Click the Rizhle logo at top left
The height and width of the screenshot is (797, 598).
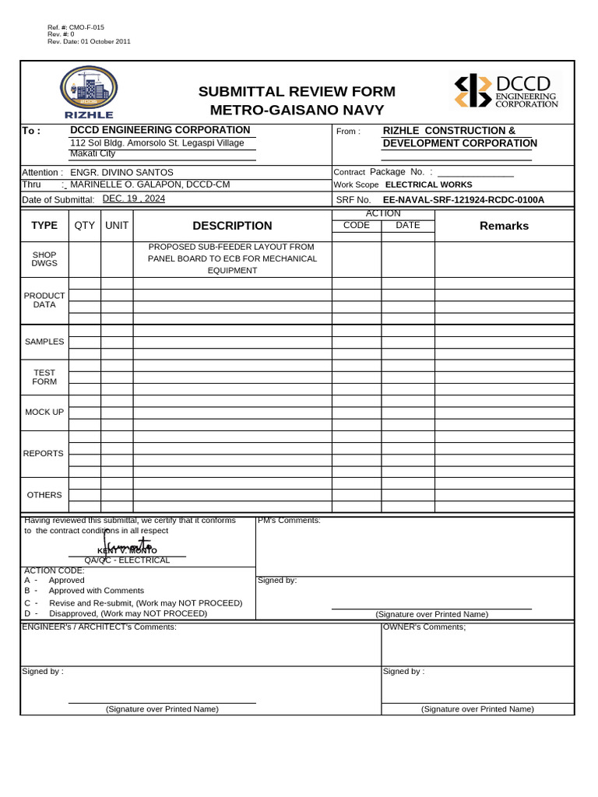pyautogui.click(x=89, y=93)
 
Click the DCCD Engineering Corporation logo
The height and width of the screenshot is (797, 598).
pyautogui.click(x=505, y=91)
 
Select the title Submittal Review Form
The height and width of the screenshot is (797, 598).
pyautogui.click(x=297, y=92)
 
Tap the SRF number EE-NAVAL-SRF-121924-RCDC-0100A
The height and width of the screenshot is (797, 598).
pyautogui.click(x=463, y=200)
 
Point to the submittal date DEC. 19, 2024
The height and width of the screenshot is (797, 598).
pyautogui.click(x=134, y=198)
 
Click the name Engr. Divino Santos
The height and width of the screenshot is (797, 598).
pyautogui.click(x=122, y=172)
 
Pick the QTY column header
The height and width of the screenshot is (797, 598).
pyautogui.click(x=85, y=226)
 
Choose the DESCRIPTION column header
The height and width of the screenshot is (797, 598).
pyautogui.click(x=232, y=226)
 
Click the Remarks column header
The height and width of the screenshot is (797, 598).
pyautogui.click(x=504, y=226)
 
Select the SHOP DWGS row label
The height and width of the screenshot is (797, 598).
pyautogui.click(x=44, y=259)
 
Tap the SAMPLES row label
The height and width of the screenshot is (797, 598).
pyautogui.click(x=44, y=342)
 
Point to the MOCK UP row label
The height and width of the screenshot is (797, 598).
pyautogui.click(x=44, y=412)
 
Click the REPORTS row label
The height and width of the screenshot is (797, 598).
pyautogui.click(x=44, y=454)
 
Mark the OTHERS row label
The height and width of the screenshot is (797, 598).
pyautogui.click(x=44, y=495)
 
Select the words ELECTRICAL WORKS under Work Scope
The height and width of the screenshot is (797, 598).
pyautogui.click(x=428, y=184)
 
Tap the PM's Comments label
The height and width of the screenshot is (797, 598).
pyautogui.click(x=288, y=521)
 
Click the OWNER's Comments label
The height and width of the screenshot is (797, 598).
pyautogui.click(x=424, y=627)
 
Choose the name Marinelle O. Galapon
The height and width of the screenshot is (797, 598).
pyautogui.click(x=128, y=184)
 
